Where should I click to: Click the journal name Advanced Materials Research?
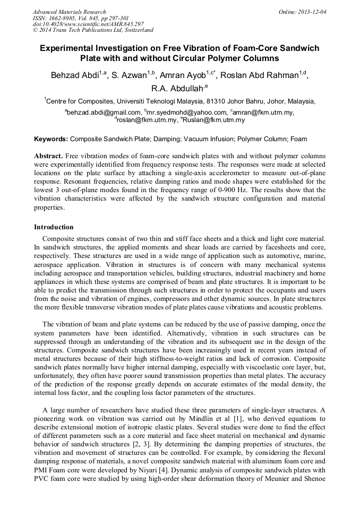[69, 12]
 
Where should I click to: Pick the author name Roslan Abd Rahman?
[263, 75]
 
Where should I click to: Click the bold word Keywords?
[51, 139]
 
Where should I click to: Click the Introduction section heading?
[54, 227]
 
